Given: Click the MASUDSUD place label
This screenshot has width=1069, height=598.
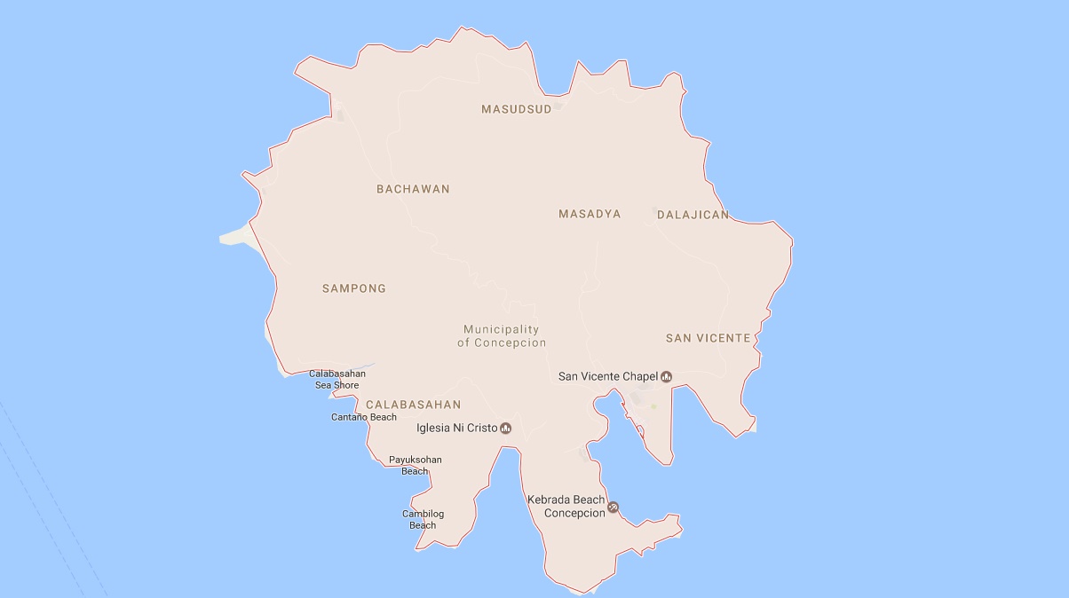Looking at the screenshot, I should [x=516, y=109].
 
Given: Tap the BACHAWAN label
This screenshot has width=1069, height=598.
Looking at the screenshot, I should [x=413, y=189].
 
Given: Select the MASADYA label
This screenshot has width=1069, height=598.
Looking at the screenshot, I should [x=590, y=214].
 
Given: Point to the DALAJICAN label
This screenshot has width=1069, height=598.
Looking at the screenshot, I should [x=693, y=215].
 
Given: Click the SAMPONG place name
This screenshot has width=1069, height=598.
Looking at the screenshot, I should [x=354, y=288].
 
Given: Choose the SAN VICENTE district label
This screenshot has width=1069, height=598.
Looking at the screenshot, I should [x=708, y=338].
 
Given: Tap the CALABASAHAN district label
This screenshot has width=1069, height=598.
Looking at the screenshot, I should [x=413, y=405].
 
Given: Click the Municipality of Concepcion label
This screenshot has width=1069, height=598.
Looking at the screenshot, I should [x=502, y=336].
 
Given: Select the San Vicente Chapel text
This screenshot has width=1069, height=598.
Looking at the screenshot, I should [x=607, y=377].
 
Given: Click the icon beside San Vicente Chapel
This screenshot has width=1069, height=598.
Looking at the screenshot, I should [x=666, y=377].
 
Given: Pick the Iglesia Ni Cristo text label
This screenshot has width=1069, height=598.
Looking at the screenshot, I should [x=456, y=429].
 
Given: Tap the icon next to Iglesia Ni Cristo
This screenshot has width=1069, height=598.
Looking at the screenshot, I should [x=505, y=429].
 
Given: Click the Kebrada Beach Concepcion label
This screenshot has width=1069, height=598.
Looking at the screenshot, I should [x=566, y=507].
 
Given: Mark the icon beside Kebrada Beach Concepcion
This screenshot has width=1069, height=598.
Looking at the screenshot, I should [x=613, y=508].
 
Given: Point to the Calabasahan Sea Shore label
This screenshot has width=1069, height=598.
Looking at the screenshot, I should [x=337, y=380].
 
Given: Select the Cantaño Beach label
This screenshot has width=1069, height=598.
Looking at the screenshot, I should [x=364, y=417].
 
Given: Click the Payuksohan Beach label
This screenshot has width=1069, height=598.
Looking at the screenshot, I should [x=415, y=465].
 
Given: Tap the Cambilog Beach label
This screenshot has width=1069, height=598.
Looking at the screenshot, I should [x=423, y=519].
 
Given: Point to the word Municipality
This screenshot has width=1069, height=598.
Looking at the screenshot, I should [x=502, y=330].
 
